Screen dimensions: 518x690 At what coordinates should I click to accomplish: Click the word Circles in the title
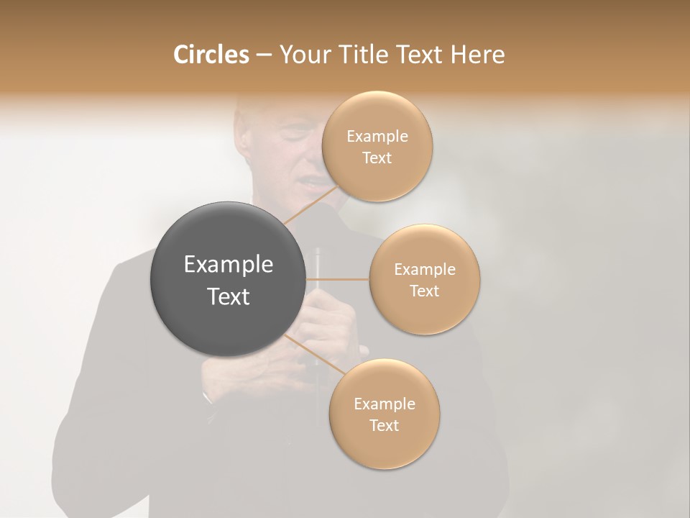click(211, 55)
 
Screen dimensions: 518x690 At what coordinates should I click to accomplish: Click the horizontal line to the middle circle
click(337, 279)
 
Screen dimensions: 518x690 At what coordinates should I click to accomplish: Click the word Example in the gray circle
click(228, 265)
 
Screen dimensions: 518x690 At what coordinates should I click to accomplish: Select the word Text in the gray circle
click(228, 296)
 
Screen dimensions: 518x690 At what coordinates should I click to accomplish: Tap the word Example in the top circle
click(377, 137)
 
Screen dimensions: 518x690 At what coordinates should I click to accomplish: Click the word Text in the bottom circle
click(384, 425)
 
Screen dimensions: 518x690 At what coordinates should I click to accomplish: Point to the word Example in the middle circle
click(424, 270)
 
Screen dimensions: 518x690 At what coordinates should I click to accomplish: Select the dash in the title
click(263, 55)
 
